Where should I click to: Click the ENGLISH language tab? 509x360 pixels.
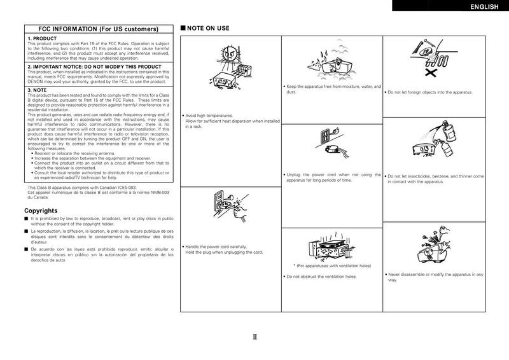(x=482, y=7)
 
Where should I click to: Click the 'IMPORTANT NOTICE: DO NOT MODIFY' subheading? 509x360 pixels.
(x=94, y=66)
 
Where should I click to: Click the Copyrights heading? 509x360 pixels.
(x=42, y=210)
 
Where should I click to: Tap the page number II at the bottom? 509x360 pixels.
(x=254, y=337)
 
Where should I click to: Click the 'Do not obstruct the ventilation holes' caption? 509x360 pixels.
(x=321, y=277)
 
